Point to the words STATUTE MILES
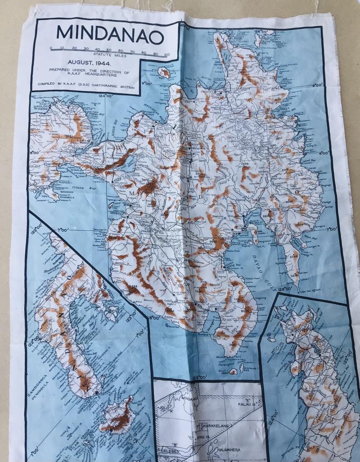click(x=108, y=55)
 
